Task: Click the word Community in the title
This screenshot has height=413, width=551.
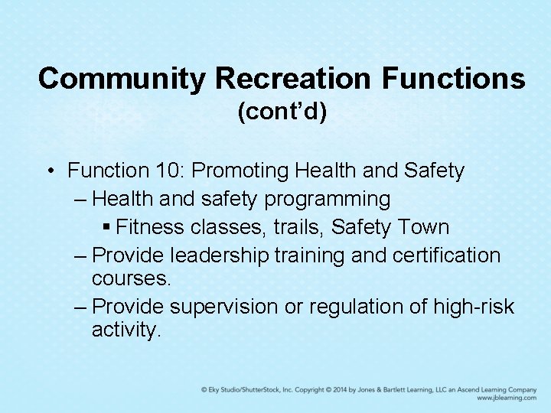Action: [x=122, y=78]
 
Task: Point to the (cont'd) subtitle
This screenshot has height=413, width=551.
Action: [x=282, y=112]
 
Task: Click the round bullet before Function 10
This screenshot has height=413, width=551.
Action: [x=49, y=171]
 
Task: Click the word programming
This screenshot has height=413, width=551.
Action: [x=327, y=200]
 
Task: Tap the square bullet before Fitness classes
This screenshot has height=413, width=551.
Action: [x=107, y=227]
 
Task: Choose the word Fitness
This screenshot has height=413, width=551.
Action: [x=145, y=227]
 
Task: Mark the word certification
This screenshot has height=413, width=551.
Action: [x=446, y=255]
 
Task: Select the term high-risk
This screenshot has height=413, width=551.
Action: [x=474, y=307]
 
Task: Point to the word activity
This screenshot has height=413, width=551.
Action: [x=126, y=330]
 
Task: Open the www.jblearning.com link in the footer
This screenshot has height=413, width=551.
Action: [x=506, y=398]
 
